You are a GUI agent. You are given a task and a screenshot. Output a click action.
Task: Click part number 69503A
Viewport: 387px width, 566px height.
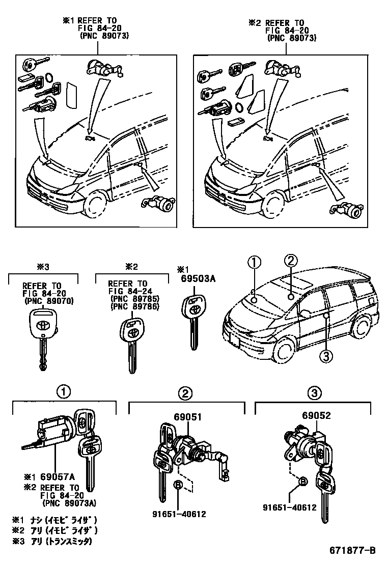pyautogui.click(x=196, y=278)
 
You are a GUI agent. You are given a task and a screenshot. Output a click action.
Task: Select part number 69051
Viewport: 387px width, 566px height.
pyautogui.click(x=188, y=416)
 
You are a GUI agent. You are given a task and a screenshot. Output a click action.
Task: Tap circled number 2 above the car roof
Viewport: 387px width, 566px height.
pyautogui.click(x=290, y=262)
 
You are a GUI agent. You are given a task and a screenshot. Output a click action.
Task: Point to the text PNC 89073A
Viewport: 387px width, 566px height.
pyautogui.click(x=71, y=504)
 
